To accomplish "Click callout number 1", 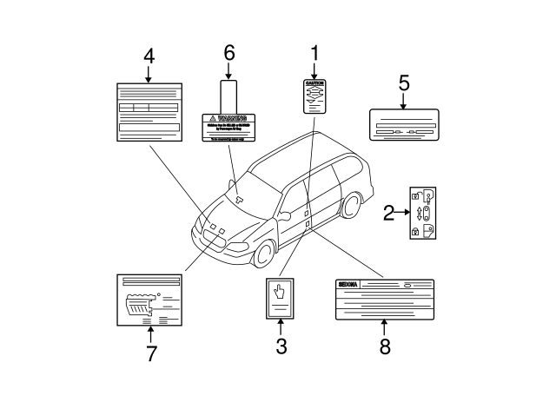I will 314,54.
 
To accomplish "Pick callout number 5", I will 403,83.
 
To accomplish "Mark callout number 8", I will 385,346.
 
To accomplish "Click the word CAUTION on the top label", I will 315,84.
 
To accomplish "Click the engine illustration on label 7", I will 142,306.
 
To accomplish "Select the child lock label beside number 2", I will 423,214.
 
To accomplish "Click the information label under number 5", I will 402,126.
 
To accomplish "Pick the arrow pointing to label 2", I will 403,211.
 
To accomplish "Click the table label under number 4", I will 149,111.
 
